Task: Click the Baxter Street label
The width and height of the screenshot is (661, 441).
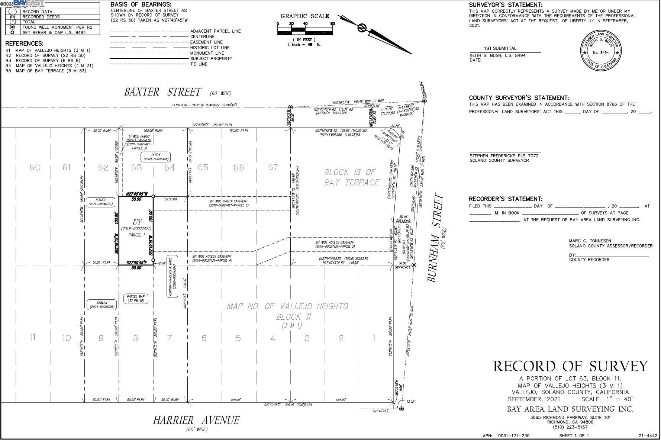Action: (162, 92)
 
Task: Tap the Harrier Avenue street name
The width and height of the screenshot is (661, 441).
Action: (196, 421)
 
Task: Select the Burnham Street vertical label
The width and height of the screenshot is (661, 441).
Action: (436, 238)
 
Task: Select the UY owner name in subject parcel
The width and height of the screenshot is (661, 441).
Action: (137, 222)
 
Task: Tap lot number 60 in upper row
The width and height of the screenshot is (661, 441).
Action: (35, 168)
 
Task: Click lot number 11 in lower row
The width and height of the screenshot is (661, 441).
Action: (33, 337)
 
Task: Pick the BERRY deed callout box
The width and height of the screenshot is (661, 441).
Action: (156, 157)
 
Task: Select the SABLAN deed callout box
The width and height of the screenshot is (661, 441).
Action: (102, 305)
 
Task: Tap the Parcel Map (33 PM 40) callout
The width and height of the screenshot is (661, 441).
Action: (136, 299)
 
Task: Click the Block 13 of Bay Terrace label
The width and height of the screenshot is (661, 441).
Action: (351, 177)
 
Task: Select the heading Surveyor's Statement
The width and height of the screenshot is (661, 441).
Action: (505, 5)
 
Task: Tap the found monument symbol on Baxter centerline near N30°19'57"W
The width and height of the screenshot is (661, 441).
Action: (290, 107)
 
